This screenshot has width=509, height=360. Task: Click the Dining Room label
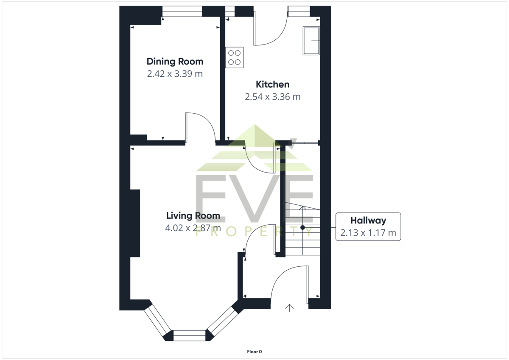(175, 62)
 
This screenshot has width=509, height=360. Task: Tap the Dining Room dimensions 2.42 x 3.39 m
(175, 74)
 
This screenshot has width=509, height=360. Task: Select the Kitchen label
(272, 84)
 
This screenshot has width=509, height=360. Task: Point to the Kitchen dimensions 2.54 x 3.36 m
(272, 97)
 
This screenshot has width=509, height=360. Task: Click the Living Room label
(193, 216)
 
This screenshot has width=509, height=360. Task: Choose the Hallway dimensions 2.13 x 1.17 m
(368, 233)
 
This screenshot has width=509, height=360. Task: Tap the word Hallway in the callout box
(368, 220)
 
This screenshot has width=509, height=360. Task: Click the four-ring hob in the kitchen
(234, 58)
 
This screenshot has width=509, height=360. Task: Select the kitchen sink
(311, 41)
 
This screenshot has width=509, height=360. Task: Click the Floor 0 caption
(254, 352)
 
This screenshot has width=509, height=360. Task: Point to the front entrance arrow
(289, 308)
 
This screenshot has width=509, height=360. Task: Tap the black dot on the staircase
(302, 227)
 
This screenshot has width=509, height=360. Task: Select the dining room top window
(182, 11)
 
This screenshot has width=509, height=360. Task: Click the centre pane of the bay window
(189, 335)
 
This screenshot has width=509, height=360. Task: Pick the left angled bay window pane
(157, 321)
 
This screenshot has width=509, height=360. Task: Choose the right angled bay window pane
(222, 321)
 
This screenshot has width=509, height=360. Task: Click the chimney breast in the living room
(135, 223)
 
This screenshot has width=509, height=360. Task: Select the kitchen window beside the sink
(299, 11)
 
